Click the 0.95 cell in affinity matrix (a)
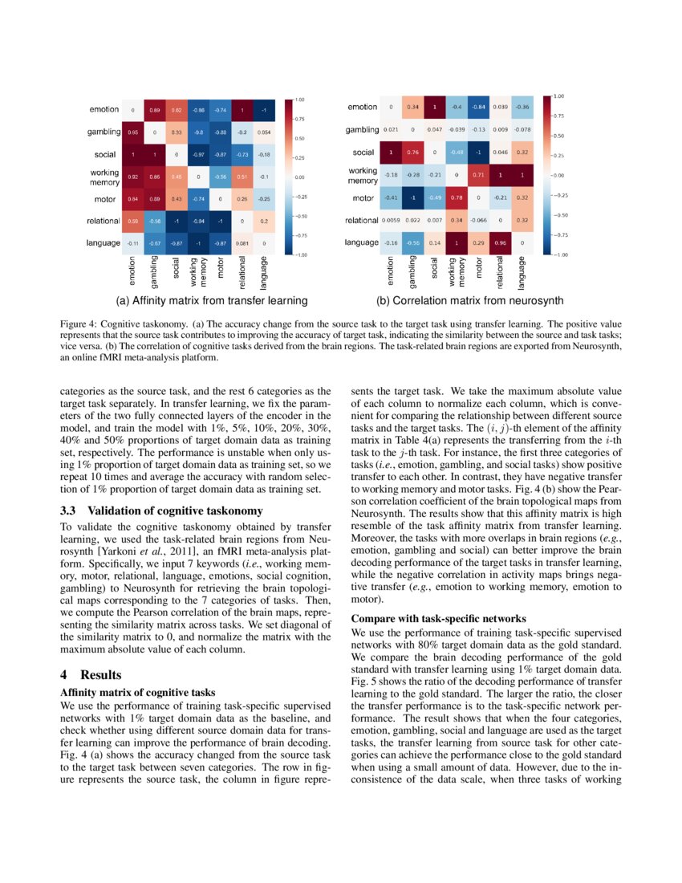pos(132,131)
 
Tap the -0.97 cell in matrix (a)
pos(198,153)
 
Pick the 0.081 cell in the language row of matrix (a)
pos(242,242)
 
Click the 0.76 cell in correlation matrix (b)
pos(412,152)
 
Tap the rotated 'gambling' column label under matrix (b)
pos(412,271)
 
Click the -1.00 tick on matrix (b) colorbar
pos(558,254)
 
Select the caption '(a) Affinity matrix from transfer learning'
pos(212,301)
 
